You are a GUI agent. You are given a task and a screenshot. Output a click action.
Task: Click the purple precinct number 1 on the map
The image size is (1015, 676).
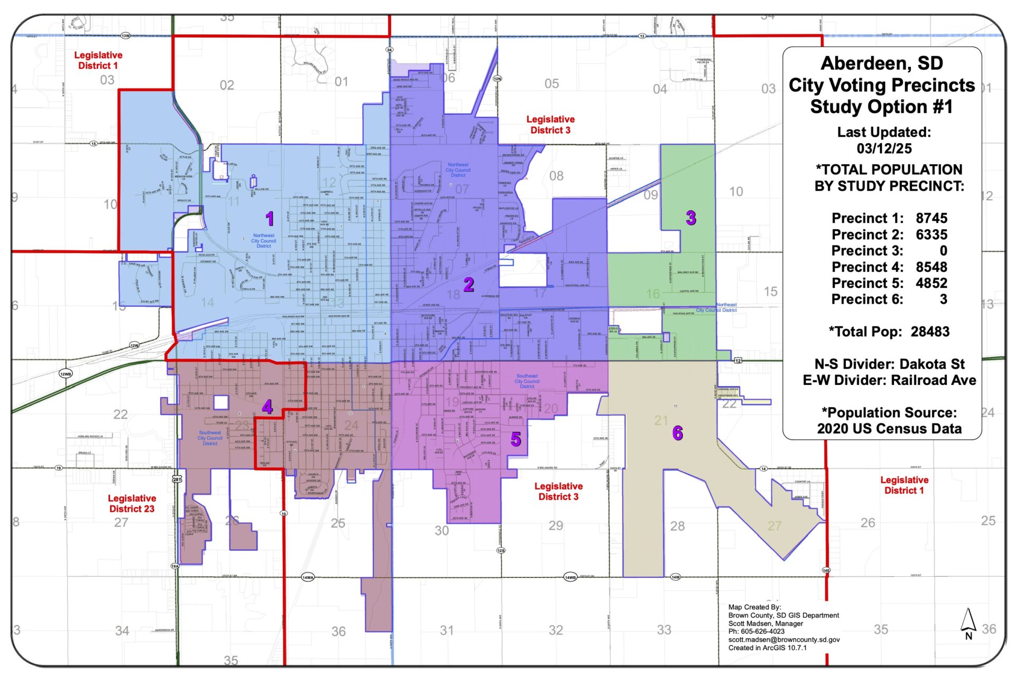pos(270,218)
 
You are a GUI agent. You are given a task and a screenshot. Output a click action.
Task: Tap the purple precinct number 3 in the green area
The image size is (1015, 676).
pos(691,218)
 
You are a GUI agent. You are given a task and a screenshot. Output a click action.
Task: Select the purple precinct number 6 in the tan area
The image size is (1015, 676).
pos(678,433)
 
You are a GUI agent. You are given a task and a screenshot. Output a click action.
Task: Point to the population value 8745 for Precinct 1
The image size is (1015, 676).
pos(931,218)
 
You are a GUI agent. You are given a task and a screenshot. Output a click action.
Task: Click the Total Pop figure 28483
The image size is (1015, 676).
pos(930,332)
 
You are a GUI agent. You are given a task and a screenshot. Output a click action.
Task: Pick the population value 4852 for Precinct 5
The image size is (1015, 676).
pos(931,283)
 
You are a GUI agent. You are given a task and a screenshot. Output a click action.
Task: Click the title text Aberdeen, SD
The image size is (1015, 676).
pos(882,63)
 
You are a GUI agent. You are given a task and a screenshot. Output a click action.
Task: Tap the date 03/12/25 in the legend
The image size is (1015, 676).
pos(884,148)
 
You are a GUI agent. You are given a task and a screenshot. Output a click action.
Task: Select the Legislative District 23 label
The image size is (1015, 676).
pos(132,503)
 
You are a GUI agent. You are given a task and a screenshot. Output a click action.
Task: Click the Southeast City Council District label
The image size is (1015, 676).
pos(527,381)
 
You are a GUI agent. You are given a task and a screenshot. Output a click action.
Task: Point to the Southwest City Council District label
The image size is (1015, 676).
pos(210,438)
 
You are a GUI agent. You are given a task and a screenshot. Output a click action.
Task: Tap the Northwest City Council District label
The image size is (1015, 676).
pos(263,241)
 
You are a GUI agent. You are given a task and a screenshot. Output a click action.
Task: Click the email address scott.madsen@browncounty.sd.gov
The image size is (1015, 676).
pos(783,640)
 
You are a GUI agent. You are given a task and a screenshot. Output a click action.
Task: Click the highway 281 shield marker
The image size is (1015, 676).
pos(177,480)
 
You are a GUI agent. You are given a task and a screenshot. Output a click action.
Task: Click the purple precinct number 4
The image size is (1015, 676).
pos(267,407)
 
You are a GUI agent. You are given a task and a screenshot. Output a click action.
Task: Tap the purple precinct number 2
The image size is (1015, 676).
pos(468,285)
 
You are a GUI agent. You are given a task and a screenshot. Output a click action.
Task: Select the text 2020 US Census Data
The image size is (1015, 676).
pos(889,429)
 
